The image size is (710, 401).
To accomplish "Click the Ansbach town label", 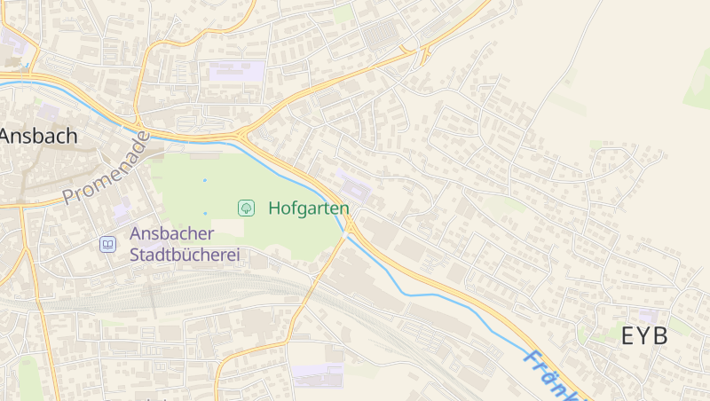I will click(x=39, y=137).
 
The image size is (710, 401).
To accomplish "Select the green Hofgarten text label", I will click(x=309, y=208).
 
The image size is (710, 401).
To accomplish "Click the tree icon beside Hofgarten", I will click(x=246, y=208).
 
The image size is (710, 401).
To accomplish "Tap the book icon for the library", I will click(x=107, y=244).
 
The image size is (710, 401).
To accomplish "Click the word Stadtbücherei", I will click(x=186, y=256).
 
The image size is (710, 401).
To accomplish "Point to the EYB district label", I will click(x=644, y=337).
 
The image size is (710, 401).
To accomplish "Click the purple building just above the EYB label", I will click(x=649, y=316).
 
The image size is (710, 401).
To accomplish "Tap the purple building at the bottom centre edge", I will click(x=318, y=375).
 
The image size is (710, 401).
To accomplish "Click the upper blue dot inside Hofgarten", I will click(x=204, y=180).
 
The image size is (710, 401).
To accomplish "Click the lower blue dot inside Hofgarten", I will click(x=204, y=213).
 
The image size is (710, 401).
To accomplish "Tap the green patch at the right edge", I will click(x=698, y=89).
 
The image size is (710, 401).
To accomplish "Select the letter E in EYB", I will click(x=628, y=337).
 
